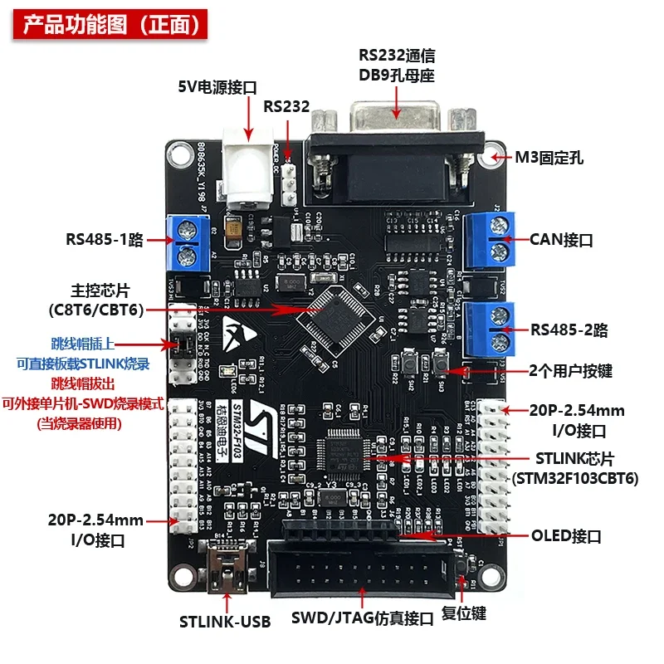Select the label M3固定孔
point(549,156)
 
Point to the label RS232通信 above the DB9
point(397,56)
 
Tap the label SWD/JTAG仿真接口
point(363,618)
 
